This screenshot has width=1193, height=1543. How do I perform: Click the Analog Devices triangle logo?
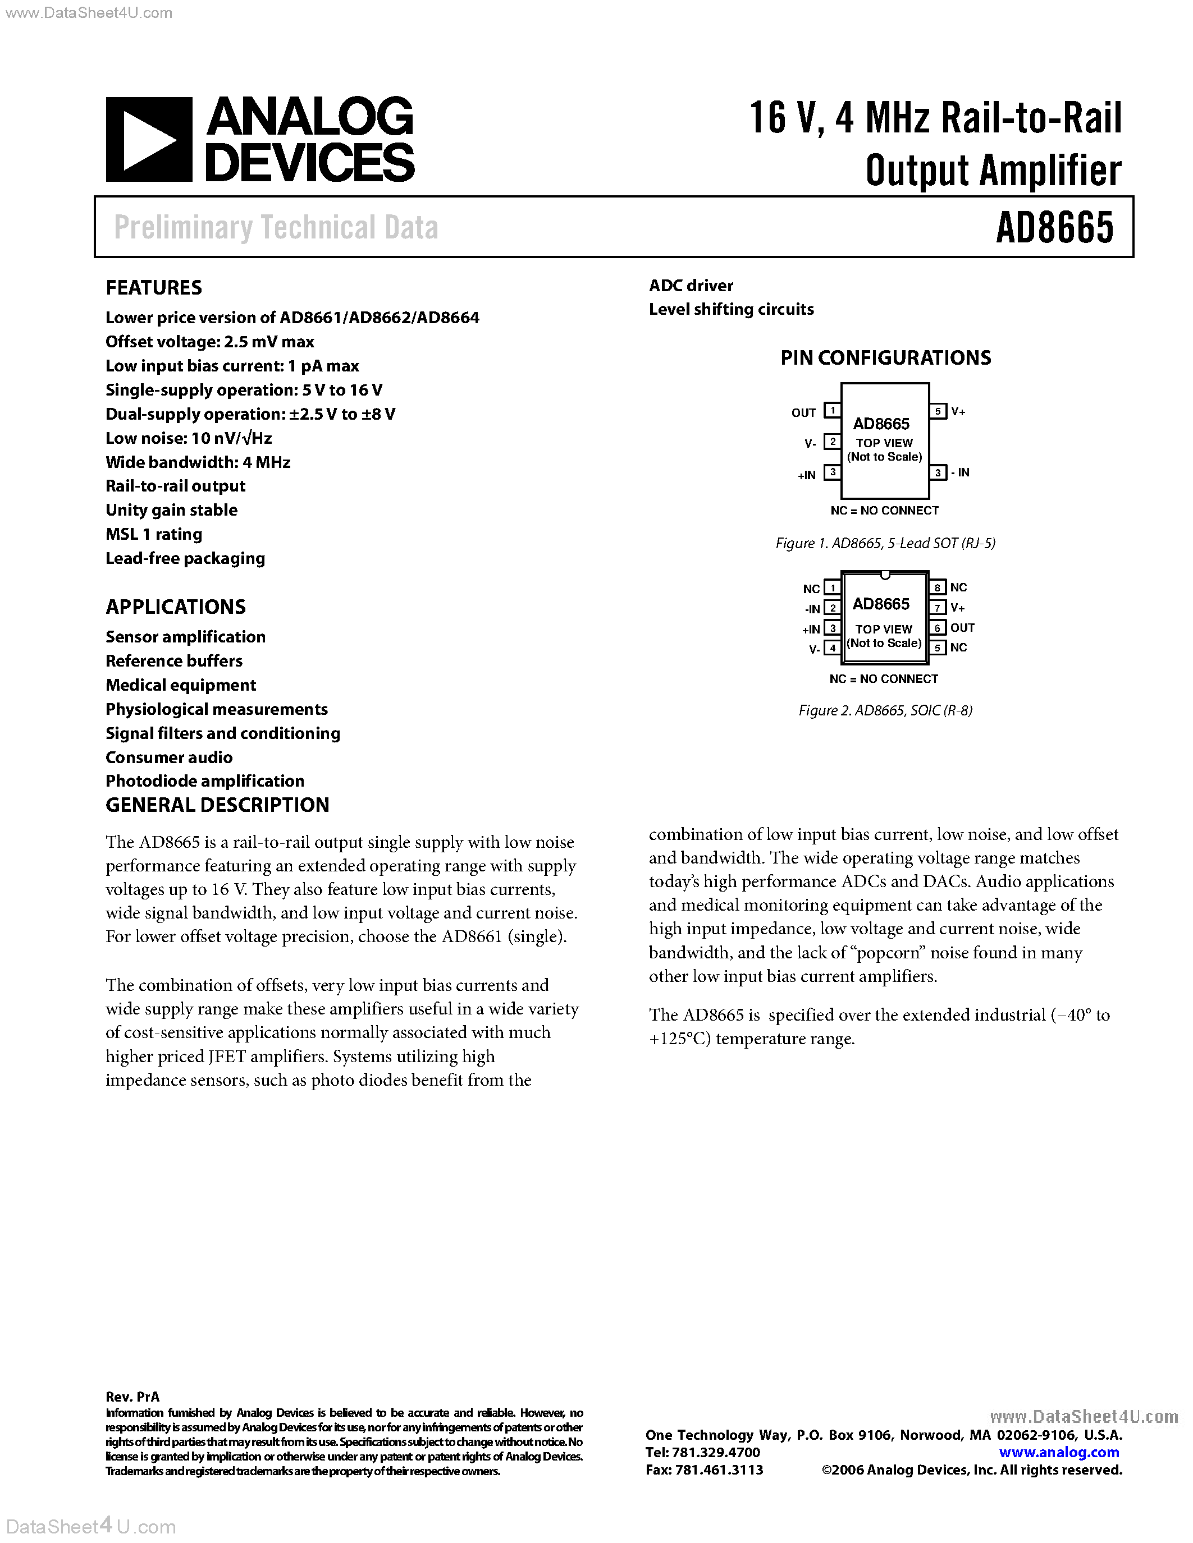148,139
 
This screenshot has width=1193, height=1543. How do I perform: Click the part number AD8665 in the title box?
1054,227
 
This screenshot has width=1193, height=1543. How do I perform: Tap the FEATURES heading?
153,287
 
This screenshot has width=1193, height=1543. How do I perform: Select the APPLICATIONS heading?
175,607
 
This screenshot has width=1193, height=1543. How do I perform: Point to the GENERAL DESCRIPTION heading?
217,805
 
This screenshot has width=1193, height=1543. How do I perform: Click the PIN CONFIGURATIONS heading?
885,357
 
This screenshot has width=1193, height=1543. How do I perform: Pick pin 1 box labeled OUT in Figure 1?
833,411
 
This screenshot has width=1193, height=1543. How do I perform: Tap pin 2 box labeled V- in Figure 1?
833,442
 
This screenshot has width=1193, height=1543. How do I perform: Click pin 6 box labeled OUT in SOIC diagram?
937,627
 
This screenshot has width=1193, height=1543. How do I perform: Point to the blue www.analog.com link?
1059,1452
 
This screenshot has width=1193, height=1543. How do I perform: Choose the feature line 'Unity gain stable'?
171,510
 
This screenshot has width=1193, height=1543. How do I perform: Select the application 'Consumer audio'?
169,757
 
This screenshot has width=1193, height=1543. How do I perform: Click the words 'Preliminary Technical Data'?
276,227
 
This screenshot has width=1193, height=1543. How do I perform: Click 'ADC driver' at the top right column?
691,286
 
